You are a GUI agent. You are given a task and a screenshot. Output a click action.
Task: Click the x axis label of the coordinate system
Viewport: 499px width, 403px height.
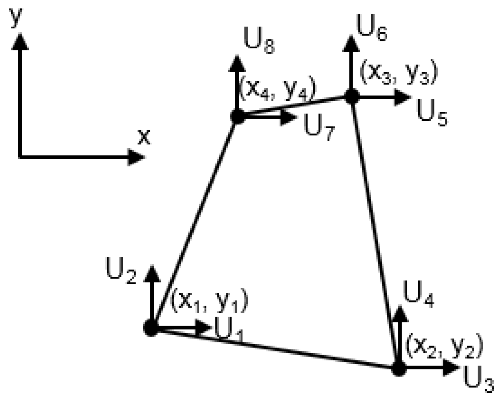(x=144, y=137)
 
